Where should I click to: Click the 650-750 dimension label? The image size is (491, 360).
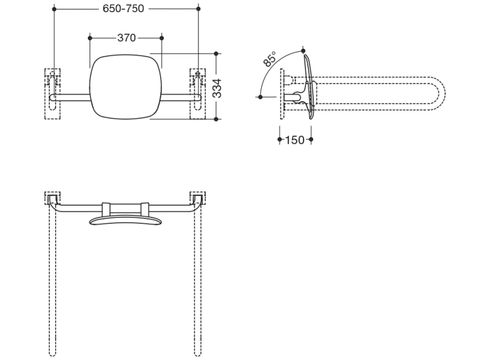click(123, 9)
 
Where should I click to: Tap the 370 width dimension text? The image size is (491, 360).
click(126, 38)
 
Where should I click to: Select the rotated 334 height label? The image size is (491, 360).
click(217, 88)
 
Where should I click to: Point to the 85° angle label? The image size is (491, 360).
click(269, 59)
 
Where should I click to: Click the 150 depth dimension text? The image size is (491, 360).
click(295, 140)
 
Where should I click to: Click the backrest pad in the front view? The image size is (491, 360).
click(125, 87)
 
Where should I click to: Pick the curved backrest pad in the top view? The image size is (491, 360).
click(125, 220)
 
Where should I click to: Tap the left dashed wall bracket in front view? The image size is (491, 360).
click(53, 93)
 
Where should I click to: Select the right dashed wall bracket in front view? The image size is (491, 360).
click(198, 93)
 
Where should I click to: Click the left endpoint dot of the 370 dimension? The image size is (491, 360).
click(90, 38)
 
